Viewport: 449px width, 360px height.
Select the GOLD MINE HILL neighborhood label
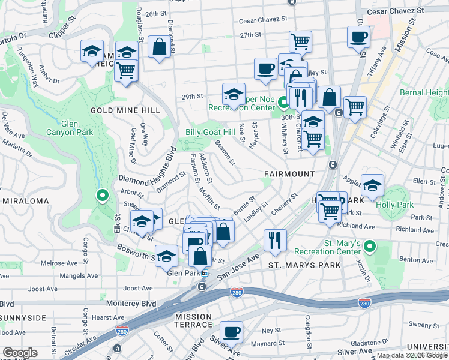125,110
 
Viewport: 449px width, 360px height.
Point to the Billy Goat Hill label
210,132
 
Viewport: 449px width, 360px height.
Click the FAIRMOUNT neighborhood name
289,174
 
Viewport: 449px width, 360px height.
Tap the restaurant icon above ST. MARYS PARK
275,240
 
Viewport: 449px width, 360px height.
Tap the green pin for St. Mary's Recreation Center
370,247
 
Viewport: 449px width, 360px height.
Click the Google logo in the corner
20,353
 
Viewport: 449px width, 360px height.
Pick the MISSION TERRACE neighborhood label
193,320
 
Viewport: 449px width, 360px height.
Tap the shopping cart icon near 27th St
300,41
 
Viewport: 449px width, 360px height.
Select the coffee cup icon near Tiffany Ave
358,37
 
